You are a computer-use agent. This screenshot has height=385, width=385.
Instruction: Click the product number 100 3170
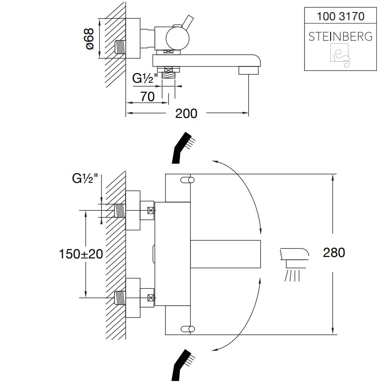coord(340,16)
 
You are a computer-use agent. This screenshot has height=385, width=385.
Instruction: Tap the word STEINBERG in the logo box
coord(340,37)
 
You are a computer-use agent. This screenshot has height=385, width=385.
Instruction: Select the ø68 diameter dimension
coord(90,38)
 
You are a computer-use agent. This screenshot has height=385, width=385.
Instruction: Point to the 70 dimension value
coord(147,97)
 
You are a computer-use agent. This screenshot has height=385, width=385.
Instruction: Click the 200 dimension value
coord(186,114)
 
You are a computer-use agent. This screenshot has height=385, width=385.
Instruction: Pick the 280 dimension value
coord(334,253)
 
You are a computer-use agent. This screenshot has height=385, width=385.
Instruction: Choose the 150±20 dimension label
coord(81,254)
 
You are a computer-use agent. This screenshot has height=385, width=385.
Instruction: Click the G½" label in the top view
coord(145,78)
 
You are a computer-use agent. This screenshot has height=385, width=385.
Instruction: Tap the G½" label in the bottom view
coord(85,179)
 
